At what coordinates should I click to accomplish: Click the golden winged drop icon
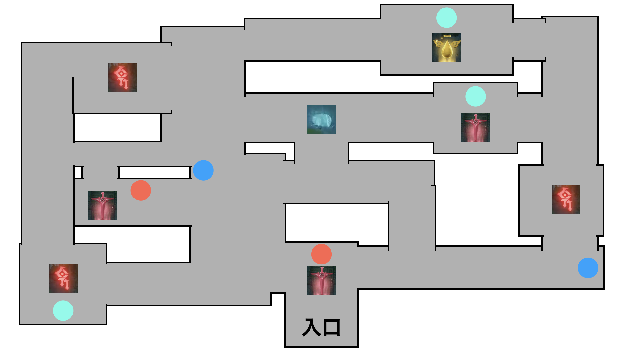447,47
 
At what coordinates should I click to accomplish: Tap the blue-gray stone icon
322,119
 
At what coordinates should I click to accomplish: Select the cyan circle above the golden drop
447,18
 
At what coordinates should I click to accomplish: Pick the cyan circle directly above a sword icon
475,96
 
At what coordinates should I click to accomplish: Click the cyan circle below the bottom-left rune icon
63,311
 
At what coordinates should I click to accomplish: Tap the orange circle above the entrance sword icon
322,254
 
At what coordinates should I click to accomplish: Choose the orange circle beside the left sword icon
141,190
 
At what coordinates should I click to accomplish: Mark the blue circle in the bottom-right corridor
588,268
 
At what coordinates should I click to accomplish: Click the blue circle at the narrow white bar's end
203,170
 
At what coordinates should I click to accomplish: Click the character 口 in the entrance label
332,328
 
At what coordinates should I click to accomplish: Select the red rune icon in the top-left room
122,78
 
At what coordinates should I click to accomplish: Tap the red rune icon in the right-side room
566,199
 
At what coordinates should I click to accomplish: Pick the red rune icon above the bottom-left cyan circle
63,278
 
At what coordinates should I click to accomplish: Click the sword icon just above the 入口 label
322,280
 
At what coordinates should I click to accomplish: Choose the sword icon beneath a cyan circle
475,127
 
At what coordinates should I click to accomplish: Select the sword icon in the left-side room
102,205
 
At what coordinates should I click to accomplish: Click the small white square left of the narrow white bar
78,173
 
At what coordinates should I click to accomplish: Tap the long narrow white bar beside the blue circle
154,173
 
